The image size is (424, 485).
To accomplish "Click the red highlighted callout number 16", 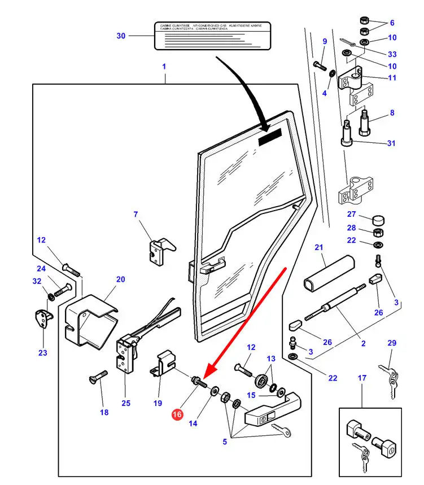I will click(x=177, y=414).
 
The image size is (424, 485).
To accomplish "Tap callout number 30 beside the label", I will click(x=121, y=36).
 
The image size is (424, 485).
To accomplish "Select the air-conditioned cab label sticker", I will click(x=213, y=36).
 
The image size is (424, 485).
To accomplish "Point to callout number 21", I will click(x=318, y=247).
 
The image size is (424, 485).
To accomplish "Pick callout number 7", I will click(x=135, y=214).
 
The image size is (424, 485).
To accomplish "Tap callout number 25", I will click(x=126, y=403).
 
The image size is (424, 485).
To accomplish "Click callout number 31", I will click(x=391, y=143).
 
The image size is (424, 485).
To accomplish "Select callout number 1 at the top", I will click(x=164, y=66).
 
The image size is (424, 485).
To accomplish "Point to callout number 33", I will click(x=392, y=54).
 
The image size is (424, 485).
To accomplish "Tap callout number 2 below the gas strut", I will click(x=363, y=343).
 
